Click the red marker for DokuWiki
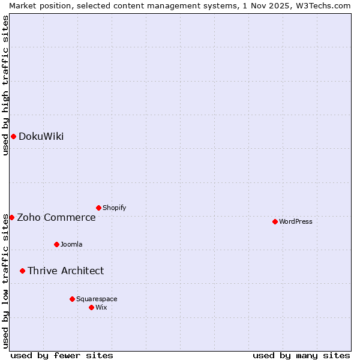[x=13, y=136]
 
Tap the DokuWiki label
[x=41, y=137]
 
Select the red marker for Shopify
[x=98, y=208]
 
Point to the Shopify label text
[x=114, y=208]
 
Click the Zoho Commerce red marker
[x=11, y=217]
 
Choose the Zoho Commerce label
[x=56, y=218]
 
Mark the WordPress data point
[x=275, y=221]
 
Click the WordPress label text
[x=295, y=222]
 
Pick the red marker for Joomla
[x=56, y=244]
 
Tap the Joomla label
[x=71, y=245]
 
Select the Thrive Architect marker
[x=22, y=271]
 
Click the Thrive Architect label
[x=65, y=271]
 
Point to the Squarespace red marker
[x=72, y=299]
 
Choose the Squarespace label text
[x=97, y=299]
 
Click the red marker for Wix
[x=91, y=307]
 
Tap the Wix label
[x=101, y=308]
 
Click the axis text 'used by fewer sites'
[x=62, y=355]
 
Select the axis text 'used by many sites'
[x=301, y=355]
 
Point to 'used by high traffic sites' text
[x=6, y=85]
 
